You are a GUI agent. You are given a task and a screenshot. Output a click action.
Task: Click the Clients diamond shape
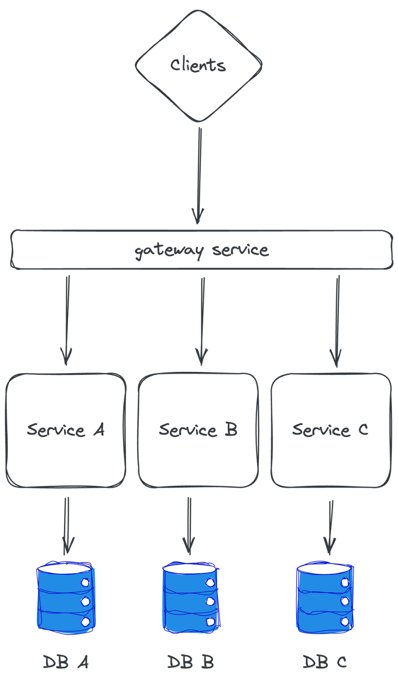click(199, 66)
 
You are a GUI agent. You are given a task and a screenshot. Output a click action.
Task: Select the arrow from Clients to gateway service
click(199, 176)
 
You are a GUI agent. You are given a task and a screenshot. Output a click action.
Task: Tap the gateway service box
click(202, 249)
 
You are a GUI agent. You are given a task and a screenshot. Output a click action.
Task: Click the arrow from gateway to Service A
click(67, 320)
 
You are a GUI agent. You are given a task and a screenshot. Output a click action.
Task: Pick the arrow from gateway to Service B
click(202, 321)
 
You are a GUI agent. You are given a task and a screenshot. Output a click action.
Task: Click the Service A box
click(66, 430)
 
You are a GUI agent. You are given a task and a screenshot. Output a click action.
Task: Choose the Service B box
click(198, 430)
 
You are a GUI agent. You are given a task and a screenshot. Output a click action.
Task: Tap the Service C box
click(331, 430)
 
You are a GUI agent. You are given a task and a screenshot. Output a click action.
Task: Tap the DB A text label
click(66, 662)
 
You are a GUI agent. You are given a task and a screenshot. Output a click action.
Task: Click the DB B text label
click(191, 662)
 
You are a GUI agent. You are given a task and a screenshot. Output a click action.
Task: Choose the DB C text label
click(325, 662)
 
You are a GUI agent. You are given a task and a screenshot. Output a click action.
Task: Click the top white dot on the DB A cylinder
click(85, 583)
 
